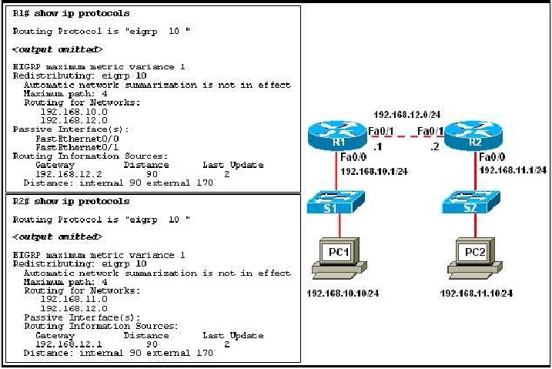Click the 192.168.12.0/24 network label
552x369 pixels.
[406, 112]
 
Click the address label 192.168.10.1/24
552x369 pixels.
[372, 171]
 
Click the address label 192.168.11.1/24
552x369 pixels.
[513, 169]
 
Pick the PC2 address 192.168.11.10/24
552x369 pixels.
[476, 294]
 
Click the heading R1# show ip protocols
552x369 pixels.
[72, 13]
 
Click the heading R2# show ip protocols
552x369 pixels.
[72, 201]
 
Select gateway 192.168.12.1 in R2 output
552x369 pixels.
[62, 344]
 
